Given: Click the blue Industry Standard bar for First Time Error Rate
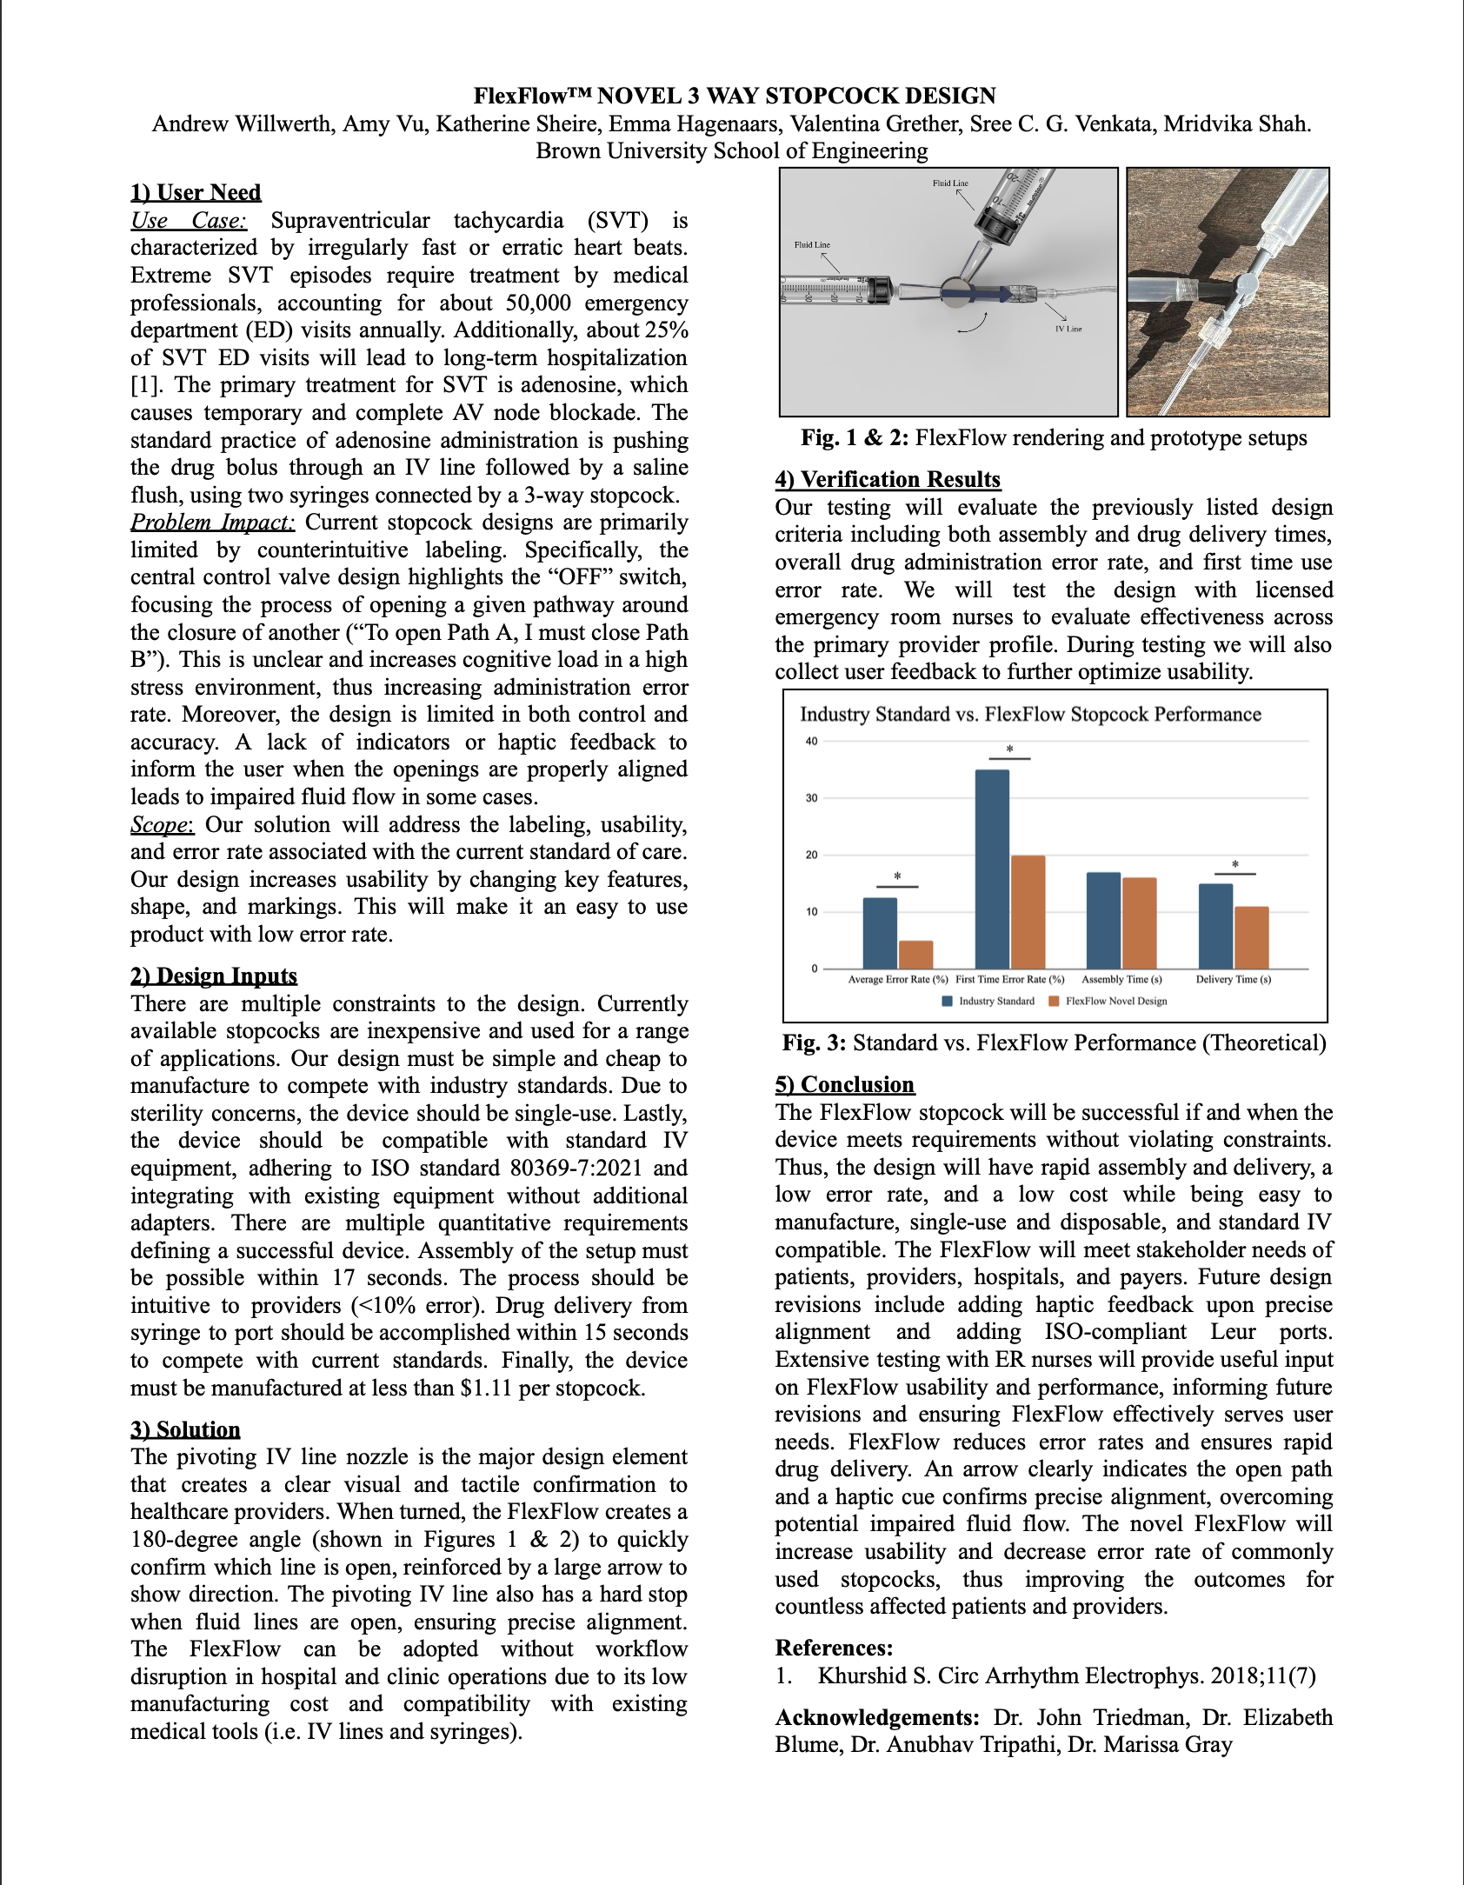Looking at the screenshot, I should [992, 869].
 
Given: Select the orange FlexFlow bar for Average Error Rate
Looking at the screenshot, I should [915, 954].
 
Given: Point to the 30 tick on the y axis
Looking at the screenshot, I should [811, 798].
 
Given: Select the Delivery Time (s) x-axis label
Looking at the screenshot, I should [1233, 979].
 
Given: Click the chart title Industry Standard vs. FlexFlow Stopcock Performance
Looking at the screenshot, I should [1030, 714].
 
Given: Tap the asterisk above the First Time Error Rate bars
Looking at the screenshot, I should [1009, 749].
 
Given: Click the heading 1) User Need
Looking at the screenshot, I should [196, 192].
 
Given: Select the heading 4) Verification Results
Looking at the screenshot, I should [888, 479].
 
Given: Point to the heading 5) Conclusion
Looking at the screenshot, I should [844, 1084].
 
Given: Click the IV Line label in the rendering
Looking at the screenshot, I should [1068, 329].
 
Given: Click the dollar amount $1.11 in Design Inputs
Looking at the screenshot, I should [486, 1388].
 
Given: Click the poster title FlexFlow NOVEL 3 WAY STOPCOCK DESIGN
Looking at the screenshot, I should [735, 96].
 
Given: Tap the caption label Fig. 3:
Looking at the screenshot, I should [814, 1042].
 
